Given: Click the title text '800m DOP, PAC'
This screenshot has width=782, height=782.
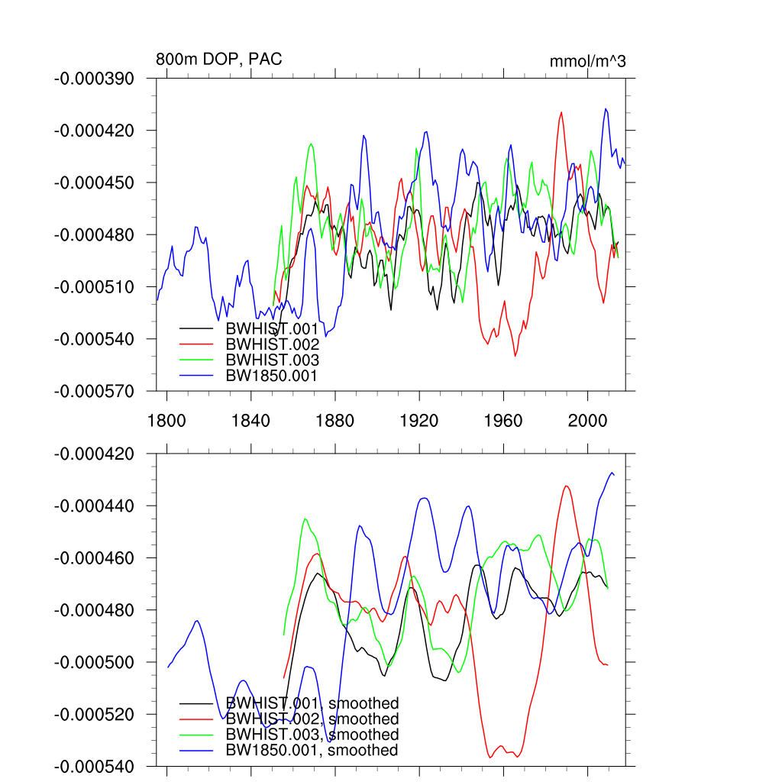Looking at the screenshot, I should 218,60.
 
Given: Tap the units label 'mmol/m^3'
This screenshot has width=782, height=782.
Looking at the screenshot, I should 587,61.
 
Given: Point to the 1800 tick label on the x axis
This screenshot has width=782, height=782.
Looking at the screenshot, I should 166,420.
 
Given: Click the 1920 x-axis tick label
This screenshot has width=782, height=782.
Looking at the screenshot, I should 419,420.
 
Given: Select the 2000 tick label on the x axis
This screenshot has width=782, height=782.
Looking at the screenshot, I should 587,420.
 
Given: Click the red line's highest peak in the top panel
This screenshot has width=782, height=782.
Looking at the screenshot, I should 562,112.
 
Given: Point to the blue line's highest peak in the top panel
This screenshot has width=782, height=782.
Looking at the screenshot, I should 606,108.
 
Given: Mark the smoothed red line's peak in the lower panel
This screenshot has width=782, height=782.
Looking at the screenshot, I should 567,486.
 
